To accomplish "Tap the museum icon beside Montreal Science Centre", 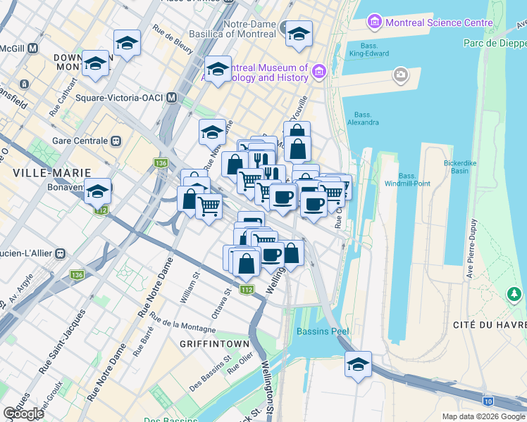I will pos(373,23).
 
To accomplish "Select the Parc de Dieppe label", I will pos(494,44).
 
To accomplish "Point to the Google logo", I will pos(23,414).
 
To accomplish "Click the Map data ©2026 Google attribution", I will pos(483,416).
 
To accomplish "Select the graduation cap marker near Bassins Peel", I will pos(359,365).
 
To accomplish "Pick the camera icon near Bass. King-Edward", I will pos(401,74).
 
